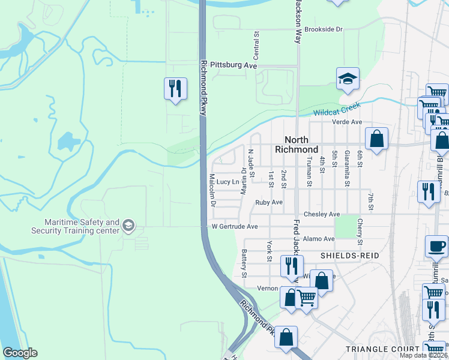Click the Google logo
20,353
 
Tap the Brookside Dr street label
323,29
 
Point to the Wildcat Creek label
336,109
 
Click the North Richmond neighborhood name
297,145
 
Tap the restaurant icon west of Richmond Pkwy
173,89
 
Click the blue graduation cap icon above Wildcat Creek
348,79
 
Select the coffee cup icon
436,246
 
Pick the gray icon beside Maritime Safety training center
128,226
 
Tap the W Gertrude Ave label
235,227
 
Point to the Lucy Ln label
228,182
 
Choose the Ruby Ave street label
268,203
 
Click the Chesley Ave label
322,214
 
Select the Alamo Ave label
319,239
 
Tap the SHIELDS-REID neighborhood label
349,255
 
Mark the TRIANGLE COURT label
382,349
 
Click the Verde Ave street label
348,122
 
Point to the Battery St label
244,264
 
